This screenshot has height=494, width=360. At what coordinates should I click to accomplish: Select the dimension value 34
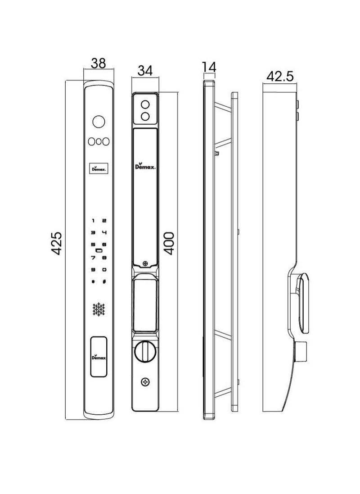click(145, 71)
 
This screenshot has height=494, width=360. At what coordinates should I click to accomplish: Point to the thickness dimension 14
click(209, 67)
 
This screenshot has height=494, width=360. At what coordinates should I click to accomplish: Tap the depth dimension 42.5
click(280, 77)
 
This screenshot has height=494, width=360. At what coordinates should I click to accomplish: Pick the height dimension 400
click(169, 244)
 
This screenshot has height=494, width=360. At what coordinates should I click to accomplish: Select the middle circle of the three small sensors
click(99, 141)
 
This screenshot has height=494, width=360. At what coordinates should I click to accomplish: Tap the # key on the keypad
click(104, 282)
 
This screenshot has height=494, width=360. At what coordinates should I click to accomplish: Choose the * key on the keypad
click(93, 282)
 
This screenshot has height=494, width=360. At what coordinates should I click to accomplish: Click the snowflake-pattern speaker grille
click(99, 309)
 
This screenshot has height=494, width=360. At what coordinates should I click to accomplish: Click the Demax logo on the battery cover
click(145, 167)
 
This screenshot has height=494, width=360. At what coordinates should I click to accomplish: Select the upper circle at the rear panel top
click(145, 104)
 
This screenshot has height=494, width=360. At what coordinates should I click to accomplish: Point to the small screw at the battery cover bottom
click(145, 264)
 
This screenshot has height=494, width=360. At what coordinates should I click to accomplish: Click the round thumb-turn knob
click(145, 352)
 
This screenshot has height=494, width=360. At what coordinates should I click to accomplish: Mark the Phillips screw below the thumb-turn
click(145, 382)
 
